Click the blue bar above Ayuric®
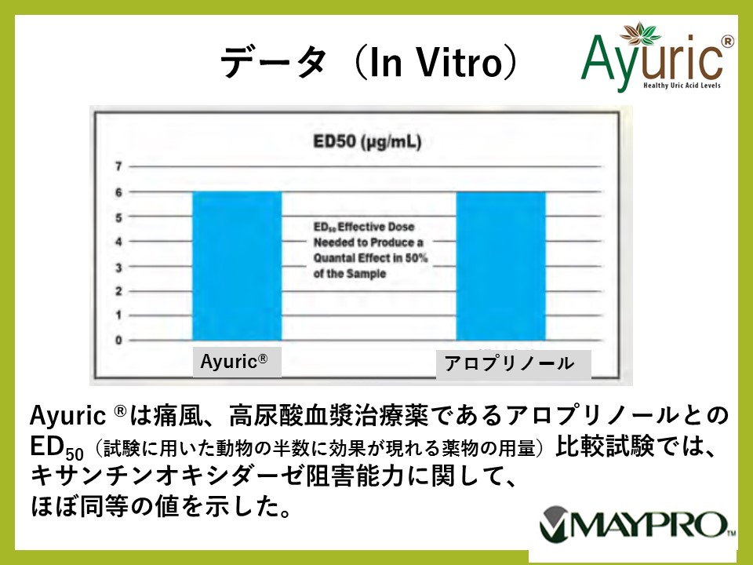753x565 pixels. [x=237, y=266]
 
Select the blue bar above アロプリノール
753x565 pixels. [x=501, y=266]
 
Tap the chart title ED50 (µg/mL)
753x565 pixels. [x=367, y=142]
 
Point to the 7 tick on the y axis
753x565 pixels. [x=118, y=166]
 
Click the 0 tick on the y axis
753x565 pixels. [x=118, y=340]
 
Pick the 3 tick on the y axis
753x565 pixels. [x=118, y=267]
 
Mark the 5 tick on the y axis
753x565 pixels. [x=118, y=217]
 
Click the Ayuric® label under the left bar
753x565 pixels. [x=234, y=361]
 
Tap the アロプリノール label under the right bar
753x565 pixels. [x=510, y=363]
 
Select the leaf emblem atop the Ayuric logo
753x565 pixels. [x=640, y=33]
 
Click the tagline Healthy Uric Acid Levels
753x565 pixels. [x=682, y=86]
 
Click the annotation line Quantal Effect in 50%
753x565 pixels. [x=370, y=258]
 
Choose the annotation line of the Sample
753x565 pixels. [x=350, y=274]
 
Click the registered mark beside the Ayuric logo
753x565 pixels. [x=728, y=42]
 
